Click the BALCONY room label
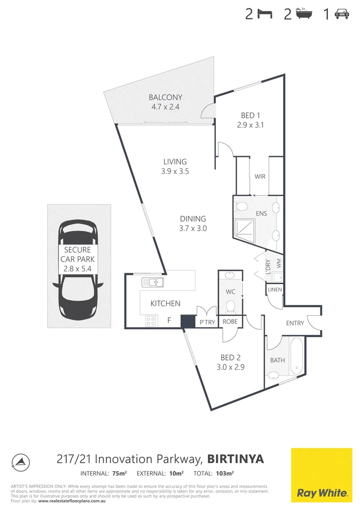(165, 98)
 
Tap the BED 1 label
(251, 115)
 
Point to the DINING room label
(193, 219)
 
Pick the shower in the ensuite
(245, 228)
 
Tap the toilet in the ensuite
(242, 206)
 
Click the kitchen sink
(152, 282)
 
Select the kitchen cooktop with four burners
(151, 321)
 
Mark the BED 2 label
(230, 357)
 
